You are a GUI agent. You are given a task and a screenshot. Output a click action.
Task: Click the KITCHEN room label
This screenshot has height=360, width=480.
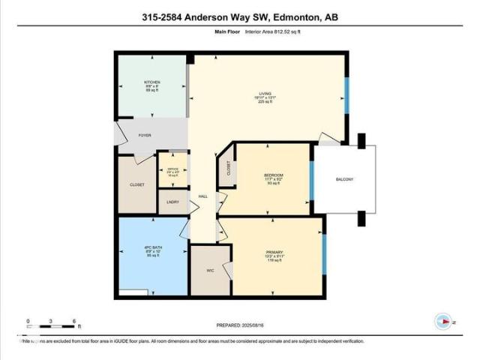coord(153,82)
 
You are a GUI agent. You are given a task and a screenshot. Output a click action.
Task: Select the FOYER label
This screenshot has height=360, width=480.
coord(145,136)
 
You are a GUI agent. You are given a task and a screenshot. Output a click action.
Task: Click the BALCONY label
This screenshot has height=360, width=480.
coord(344,179)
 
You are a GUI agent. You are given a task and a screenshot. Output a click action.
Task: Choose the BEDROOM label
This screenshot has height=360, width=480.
coord(273,175)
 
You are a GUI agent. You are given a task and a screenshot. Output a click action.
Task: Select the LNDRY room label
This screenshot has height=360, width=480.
coord(172,202)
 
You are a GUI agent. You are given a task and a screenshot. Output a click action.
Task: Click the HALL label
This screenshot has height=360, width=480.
coord(202,197)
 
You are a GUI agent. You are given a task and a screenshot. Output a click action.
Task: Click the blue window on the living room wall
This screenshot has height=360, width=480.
coord(346,94)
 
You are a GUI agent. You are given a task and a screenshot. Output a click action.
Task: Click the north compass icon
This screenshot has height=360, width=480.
coord(443,322)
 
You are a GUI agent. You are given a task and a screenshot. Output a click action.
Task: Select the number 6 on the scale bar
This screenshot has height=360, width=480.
coord(74,322)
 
